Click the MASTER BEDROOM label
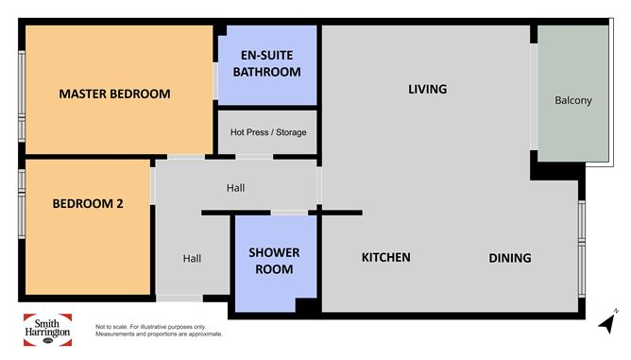coord(114,94)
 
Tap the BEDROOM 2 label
coord(88,203)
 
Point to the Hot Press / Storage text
coord(268,132)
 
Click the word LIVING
coord(427,90)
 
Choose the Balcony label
coord(573,101)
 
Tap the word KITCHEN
coord(386,258)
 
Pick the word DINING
coord(510,258)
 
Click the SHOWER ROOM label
coord(274,261)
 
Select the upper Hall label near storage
coord(236,188)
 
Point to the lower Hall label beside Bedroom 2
coord(192,258)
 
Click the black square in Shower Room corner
coord(307,305)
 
